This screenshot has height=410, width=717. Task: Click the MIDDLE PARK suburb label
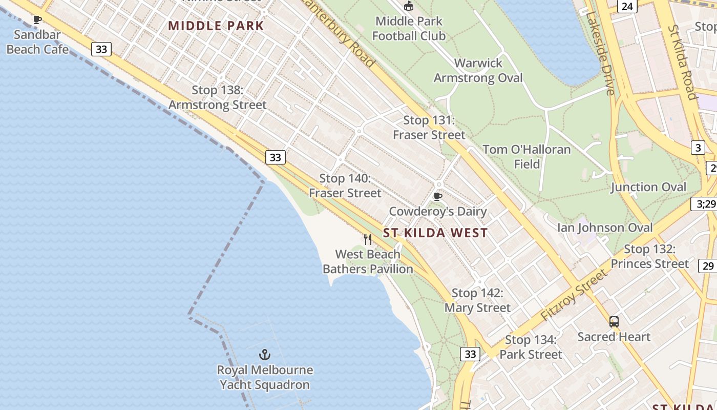click(216, 26)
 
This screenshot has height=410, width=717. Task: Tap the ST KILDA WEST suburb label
click(435, 233)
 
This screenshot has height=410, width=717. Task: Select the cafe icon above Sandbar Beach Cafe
click(37, 20)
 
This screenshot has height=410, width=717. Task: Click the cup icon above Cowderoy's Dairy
click(437, 196)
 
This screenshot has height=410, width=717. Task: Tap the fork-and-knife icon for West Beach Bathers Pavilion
click(368, 239)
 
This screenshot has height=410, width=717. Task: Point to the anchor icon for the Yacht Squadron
click(264, 355)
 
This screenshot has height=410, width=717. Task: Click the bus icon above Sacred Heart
click(614, 322)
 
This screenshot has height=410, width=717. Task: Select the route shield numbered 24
click(627, 6)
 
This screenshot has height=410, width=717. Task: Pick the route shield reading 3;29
click(706, 203)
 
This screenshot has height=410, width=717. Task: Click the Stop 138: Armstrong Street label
click(218, 97)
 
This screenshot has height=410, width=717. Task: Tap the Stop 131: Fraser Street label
click(429, 127)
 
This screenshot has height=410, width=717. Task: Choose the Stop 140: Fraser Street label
click(345, 186)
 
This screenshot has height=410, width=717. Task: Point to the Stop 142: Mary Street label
click(477, 300)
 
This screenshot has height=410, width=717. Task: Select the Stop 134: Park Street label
click(531, 347)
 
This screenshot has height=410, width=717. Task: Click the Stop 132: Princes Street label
click(649, 256)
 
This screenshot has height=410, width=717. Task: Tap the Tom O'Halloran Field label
click(526, 156)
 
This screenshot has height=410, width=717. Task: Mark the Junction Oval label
click(648, 187)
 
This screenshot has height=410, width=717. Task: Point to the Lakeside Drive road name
click(600, 53)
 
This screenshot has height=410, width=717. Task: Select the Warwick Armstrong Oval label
click(478, 70)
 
